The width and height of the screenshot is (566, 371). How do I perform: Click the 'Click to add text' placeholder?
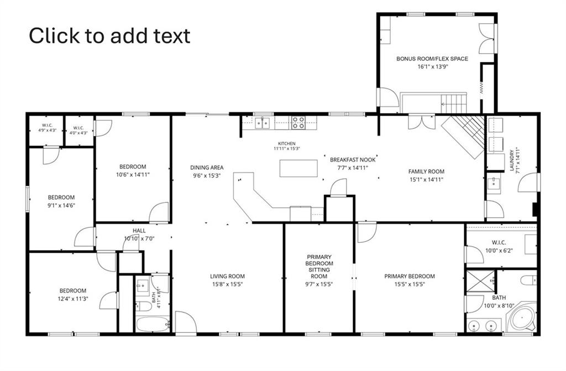tap(109, 36)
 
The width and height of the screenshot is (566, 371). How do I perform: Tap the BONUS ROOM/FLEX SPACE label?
tap(432, 59)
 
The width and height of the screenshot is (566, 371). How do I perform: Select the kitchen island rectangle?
tap(298, 168)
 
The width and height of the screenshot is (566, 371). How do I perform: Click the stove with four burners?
tap(298, 122)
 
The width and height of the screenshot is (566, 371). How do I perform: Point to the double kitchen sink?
tap(263, 123)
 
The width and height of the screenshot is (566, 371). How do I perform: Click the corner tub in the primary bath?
tap(522, 318)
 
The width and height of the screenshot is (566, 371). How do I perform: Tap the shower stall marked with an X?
tap(480, 281)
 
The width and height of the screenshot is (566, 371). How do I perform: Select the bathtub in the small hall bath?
tap(153, 324)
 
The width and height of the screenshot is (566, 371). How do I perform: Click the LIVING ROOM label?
tap(227, 276)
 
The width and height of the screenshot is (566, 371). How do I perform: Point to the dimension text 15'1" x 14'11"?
tap(426, 179)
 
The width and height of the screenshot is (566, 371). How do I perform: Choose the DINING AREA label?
tap(207, 168)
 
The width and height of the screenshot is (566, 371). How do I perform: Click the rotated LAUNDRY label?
tap(511, 160)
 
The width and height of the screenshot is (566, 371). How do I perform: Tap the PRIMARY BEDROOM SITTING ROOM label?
tap(319, 267)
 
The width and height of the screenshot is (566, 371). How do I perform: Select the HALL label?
tap(139, 231)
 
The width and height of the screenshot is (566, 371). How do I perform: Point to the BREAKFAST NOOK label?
tap(353, 160)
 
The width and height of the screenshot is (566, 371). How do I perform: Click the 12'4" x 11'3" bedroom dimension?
tap(73, 299)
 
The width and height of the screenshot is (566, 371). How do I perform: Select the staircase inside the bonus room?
tap(453, 104)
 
